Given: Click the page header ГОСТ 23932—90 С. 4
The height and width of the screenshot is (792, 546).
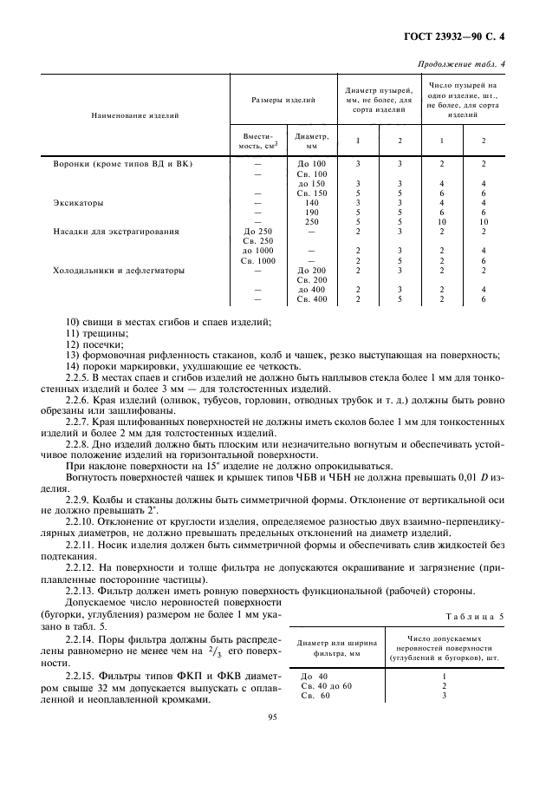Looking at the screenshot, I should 465,37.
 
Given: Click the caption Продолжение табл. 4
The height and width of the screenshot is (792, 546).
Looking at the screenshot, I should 463,63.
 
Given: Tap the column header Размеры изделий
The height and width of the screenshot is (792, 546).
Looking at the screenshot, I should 283,101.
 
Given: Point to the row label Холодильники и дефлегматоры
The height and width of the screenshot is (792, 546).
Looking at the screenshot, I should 119,270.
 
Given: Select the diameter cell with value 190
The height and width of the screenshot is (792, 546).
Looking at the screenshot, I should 312,212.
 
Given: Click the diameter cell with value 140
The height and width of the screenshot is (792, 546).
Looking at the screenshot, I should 312,202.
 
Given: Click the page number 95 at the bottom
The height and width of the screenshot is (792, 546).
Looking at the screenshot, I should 272,716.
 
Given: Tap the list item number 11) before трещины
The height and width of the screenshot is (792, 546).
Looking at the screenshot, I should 73,333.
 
